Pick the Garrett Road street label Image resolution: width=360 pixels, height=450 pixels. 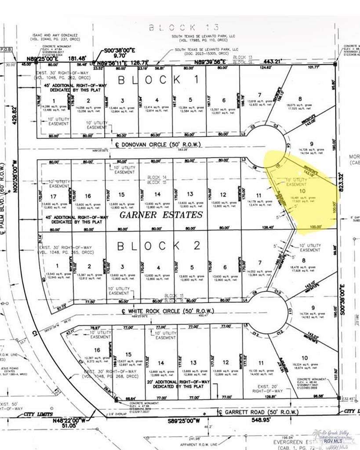[259, 412]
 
